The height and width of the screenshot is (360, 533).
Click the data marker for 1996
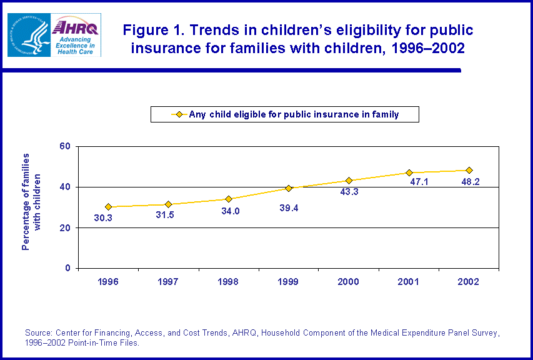[x=108, y=207]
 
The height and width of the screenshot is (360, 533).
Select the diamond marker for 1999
[x=289, y=188]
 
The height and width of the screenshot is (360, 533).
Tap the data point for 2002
[x=469, y=170]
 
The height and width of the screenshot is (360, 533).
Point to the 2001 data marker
[x=409, y=172]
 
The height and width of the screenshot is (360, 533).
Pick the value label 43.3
[x=349, y=191]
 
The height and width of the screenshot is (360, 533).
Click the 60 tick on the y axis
[x=64, y=146]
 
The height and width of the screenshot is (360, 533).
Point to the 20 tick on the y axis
[x=64, y=227]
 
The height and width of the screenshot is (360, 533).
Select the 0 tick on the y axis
[x=67, y=268]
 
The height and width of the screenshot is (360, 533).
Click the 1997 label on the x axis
[x=168, y=282]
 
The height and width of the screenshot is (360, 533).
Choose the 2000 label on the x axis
[x=349, y=282]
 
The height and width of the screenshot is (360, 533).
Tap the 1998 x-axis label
[x=229, y=282]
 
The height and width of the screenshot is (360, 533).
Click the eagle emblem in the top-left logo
[x=27, y=34]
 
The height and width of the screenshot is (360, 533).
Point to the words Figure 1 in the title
[x=151, y=30]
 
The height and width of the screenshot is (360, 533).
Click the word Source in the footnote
[x=38, y=332]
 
